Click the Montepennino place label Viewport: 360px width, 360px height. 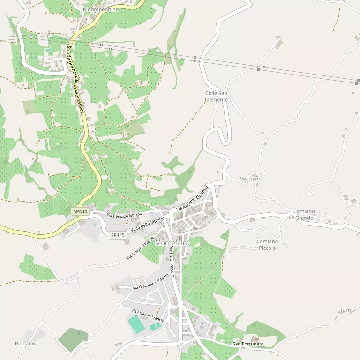[x=100, y=9]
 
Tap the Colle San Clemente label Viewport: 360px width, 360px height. [x=216, y=96]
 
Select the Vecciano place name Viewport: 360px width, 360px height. [x=251, y=179]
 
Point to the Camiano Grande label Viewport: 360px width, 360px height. [x=304, y=215]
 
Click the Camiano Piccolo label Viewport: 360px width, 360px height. [x=267, y=244]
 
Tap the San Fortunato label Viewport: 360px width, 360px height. [x=248, y=344]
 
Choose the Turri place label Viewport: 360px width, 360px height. [x=345, y=310]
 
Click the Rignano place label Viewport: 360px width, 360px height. [x=25, y=344]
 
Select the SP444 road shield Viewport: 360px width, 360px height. [x=80, y=212]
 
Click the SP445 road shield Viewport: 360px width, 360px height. [x=118, y=235]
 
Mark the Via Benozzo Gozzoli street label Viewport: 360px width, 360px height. [x=124, y=215]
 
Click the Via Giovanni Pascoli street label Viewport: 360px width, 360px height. [x=141, y=248]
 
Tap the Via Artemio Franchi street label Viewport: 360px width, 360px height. [x=147, y=315]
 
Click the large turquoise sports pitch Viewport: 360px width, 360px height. [x=136, y=324]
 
